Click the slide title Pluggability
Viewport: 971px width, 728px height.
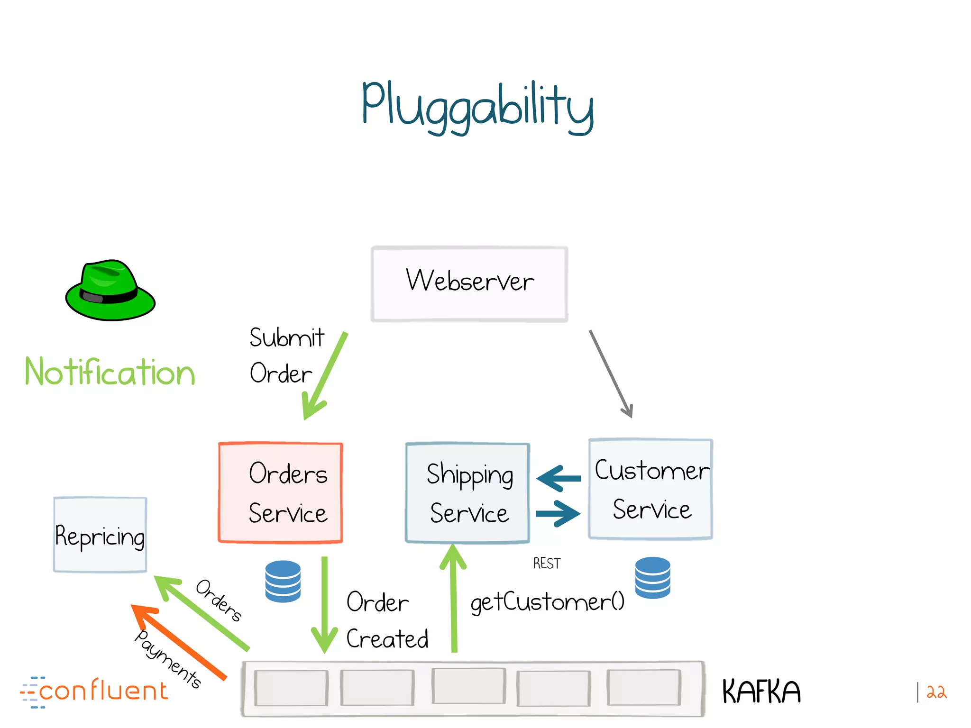point(477,107)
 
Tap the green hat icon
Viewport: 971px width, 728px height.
point(110,291)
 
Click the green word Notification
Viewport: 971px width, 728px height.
point(110,372)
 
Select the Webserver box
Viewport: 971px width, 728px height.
point(469,283)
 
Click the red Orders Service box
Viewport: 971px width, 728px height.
point(281,493)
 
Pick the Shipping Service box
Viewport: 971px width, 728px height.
point(467,493)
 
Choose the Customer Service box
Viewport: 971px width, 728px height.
point(650,489)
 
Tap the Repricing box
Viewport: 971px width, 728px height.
point(100,535)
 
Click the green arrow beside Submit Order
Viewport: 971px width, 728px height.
point(325,377)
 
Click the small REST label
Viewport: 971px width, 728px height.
point(547,563)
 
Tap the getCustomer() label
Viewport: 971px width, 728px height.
point(547,602)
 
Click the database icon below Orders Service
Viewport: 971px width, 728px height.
point(283,581)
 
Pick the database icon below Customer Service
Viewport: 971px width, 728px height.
point(652,577)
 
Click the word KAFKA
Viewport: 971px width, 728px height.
point(761,692)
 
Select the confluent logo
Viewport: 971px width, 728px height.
point(95,692)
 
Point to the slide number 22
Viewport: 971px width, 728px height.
point(936,692)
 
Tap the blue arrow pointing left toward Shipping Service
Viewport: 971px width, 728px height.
point(559,478)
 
